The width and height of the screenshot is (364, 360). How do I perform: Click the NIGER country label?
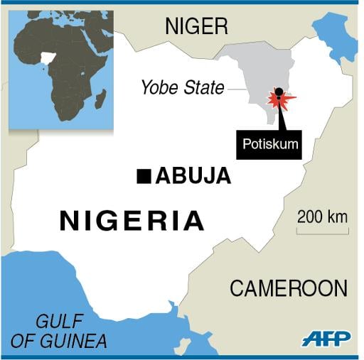tap(196, 27)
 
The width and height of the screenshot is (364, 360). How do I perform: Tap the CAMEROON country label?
tap(289, 288)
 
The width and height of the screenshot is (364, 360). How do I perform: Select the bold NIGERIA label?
tap(132, 221)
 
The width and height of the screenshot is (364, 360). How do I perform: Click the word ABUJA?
tap(193, 176)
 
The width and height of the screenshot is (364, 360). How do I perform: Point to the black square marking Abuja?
tap(144, 175)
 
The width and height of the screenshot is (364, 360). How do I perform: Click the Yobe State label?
tap(182, 88)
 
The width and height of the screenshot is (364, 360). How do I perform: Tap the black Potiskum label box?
tap(270, 144)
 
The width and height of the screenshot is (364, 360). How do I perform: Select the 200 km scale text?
tap(322, 217)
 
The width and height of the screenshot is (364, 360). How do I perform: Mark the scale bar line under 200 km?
tap(322, 231)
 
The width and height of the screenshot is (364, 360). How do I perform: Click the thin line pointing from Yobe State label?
tap(237, 89)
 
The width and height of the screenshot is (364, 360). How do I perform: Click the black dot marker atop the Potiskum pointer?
tap(279, 91)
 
